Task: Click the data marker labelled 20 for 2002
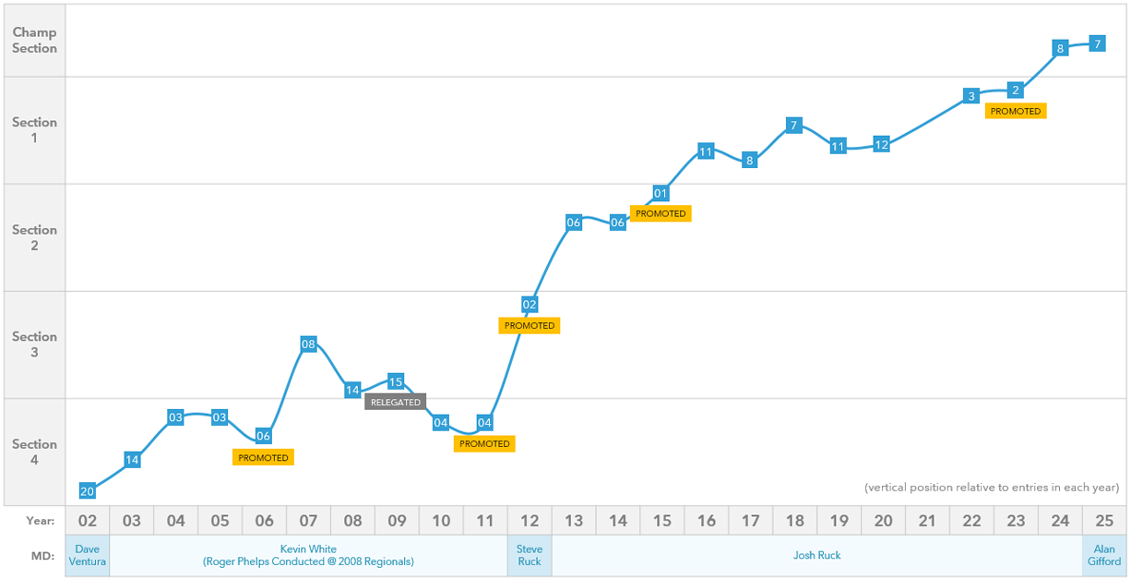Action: pyautogui.click(x=88, y=490)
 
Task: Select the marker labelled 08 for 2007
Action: pyautogui.click(x=308, y=344)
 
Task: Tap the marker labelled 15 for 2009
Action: pyautogui.click(x=396, y=381)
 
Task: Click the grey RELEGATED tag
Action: pyautogui.click(x=396, y=402)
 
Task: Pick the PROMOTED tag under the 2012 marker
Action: pyautogui.click(x=530, y=325)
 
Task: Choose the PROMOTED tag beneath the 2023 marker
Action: pyautogui.click(x=1016, y=111)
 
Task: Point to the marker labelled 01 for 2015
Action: pyautogui.click(x=661, y=193)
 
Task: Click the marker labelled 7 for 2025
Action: pyautogui.click(x=1097, y=43)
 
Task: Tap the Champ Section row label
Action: pyautogui.click(x=34, y=41)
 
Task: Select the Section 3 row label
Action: pyautogui.click(x=34, y=344)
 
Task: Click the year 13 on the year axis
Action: pyautogui.click(x=574, y=521)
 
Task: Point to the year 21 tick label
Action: pyautogui.click(x=927, y=521)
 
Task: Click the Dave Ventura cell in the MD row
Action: pyautogui.click(x=88, y=555)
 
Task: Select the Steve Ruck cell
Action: pyautogui.click(x=530, y=555)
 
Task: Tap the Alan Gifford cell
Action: pyautogui.click(x=1104, y=555)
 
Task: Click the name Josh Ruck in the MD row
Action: pyautogui.click(x=817, y=555)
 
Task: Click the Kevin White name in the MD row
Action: pyautogui.click(x=308, y=549)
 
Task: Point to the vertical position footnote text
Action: pyautogui.click(x=992, y=487)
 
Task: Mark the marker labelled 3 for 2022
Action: pyautogui.click(x=970, y=96)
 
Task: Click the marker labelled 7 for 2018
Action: pyautogui.click(x=793, y=125)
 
